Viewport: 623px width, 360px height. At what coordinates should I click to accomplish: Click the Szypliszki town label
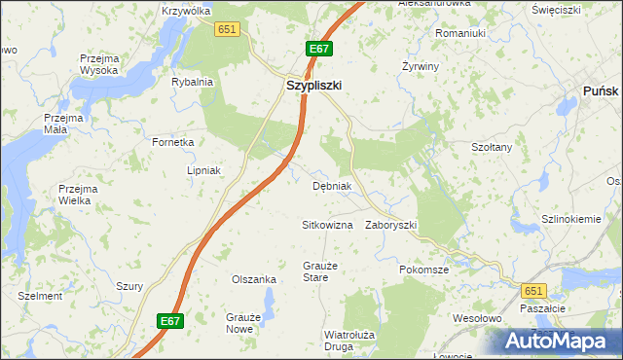pyautogui.click(x=313, y=86)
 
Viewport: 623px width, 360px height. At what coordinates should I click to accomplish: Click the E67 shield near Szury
pyautogui.click(x=170, y=319)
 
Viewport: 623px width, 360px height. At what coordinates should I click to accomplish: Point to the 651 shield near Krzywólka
pyautogui.click(x=228, y=30)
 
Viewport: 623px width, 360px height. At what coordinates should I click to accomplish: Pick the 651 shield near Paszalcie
pyautogui.click(x=532, y=290)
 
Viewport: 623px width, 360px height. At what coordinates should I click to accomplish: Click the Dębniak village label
pyautogui.click(x=331, y=186)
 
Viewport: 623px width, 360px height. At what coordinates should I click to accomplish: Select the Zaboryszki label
pyautogui.click(x=390, y=225)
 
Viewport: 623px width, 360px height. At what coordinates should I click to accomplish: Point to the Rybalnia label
pyautogui.click(x=192, y=82)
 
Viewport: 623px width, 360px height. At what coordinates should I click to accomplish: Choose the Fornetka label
pyautogui.click(x=172, y=142)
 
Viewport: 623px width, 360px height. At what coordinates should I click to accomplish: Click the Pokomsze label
pyautogui.click(x=423, y=270)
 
